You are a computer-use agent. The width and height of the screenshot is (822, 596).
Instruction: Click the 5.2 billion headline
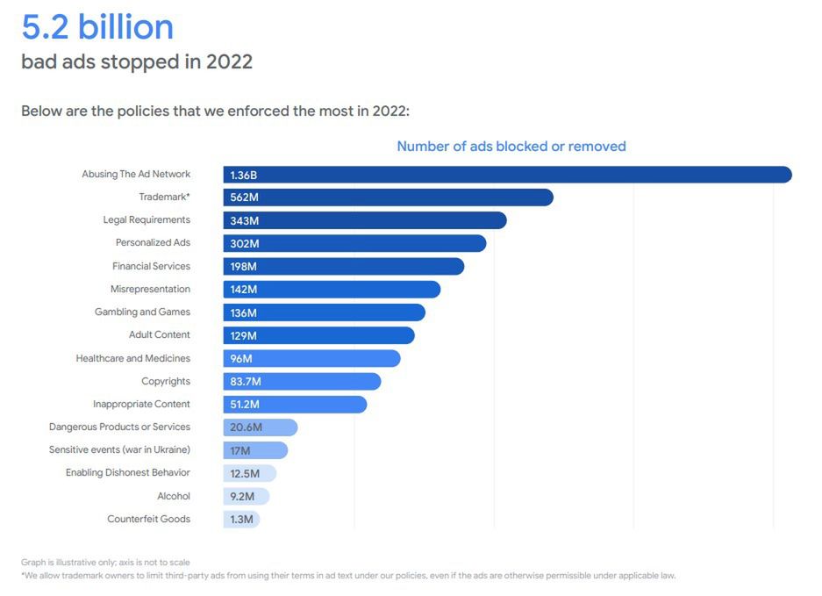(97, 27)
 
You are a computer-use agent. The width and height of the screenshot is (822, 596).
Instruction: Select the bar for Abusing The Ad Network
(507, 175)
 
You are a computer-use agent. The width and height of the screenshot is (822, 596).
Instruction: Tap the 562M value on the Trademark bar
(244, 197)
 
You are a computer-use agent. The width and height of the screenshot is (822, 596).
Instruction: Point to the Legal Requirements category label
(147, 219)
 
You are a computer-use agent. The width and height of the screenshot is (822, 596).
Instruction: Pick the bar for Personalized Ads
(354, 243)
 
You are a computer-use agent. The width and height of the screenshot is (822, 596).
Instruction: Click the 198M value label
(244, 266)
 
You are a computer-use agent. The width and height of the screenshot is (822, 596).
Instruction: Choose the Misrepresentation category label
(150, 289)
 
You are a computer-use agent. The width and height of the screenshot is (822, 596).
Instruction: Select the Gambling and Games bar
(324, 312)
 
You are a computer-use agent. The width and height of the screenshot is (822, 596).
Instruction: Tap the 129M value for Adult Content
(244, 335)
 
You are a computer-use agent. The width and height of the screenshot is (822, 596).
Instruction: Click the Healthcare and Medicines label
(133, 358)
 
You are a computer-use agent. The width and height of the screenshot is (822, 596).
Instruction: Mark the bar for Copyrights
(302, 381)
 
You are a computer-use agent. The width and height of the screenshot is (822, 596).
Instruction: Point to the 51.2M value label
(246, 405)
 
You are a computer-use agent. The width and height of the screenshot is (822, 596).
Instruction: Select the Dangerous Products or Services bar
(261, 427)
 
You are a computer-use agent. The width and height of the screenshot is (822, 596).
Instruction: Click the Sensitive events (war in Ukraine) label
(119, 449)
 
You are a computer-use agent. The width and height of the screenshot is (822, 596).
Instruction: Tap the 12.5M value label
(246, 473)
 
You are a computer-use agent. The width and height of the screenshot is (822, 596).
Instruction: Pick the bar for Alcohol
(247, 496)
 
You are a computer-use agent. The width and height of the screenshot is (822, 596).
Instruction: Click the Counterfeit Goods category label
(148, 519)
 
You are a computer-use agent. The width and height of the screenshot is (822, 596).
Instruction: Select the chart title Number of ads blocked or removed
(511, 147)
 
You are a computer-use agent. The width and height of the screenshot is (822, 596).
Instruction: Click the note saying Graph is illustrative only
(105, 562)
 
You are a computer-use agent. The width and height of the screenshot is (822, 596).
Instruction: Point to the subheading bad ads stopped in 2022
(137, 62)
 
